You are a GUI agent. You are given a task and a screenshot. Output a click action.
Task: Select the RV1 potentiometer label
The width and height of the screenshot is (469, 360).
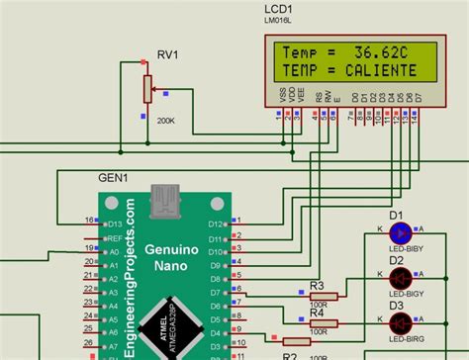168,54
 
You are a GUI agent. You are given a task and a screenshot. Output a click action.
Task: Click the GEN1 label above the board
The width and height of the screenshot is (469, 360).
112,178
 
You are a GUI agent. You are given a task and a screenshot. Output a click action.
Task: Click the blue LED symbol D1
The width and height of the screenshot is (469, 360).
401,233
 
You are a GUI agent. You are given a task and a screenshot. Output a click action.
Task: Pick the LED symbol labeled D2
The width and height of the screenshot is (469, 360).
401,277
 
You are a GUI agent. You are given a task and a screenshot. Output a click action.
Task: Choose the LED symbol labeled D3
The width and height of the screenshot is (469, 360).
401,322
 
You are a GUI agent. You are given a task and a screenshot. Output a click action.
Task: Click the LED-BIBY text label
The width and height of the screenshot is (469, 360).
406,250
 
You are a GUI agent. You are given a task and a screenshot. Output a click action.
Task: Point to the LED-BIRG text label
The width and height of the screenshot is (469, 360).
406,339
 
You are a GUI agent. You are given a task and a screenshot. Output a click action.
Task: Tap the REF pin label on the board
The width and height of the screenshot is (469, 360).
115,238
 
